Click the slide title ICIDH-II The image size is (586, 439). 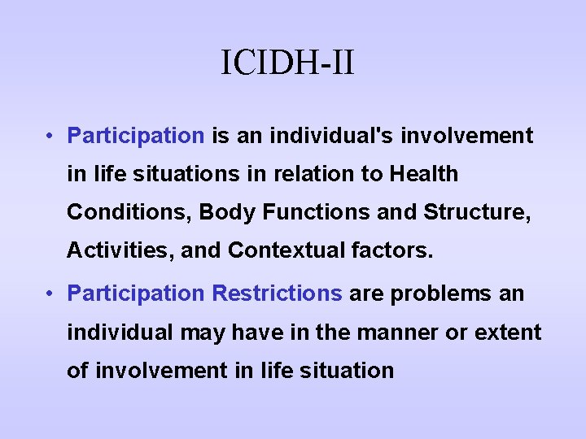[287, 63]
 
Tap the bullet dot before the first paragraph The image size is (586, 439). [50, 136]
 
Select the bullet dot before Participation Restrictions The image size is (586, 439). [50, 293]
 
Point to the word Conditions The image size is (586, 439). [129, 213]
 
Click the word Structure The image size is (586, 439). [476, 213]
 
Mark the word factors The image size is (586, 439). [395, 251]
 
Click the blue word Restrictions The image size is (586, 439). [278, 293]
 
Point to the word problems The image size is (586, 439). [436, 293]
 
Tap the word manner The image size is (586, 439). [405, 333]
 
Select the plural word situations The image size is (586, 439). [159, 174]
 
